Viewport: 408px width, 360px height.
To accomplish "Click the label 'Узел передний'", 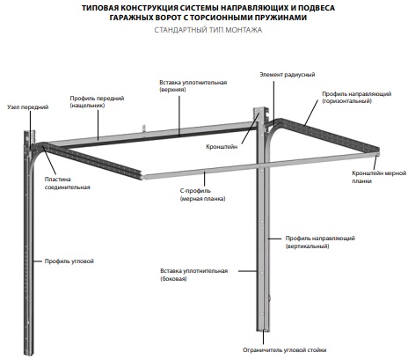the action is pos(28,107).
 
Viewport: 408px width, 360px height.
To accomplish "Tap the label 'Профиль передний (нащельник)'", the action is pos(97,101).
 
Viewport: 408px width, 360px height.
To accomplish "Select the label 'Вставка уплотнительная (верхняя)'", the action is pos(193,86).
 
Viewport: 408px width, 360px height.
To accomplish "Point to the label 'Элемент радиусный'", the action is pos(288,75).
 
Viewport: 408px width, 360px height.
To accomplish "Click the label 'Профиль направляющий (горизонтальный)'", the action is pos(357,98).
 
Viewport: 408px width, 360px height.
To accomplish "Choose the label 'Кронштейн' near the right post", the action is pos(222,147).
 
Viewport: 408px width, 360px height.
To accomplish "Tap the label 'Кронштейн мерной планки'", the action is pos(379,177).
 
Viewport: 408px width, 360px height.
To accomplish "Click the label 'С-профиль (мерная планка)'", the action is pos(202,195).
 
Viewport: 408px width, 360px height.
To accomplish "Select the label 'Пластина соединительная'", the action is pos(67,183).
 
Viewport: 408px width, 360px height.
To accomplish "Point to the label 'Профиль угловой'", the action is pos(69,261).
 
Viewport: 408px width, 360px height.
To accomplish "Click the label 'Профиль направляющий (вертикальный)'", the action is pos(320,242).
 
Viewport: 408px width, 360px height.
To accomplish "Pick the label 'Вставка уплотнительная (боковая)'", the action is pos(194,275).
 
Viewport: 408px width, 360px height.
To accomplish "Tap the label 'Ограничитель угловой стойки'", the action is pos(285,350).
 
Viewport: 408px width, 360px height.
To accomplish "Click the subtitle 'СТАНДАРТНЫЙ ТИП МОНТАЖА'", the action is pos(208,30).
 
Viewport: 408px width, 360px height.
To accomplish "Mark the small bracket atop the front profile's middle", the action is pos(144,129).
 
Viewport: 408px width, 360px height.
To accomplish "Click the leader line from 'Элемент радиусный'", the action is pos(274,104).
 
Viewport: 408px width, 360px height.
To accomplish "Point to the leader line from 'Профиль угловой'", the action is pos(38,261).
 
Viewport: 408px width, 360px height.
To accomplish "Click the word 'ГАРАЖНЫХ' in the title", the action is pos(131,18).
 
